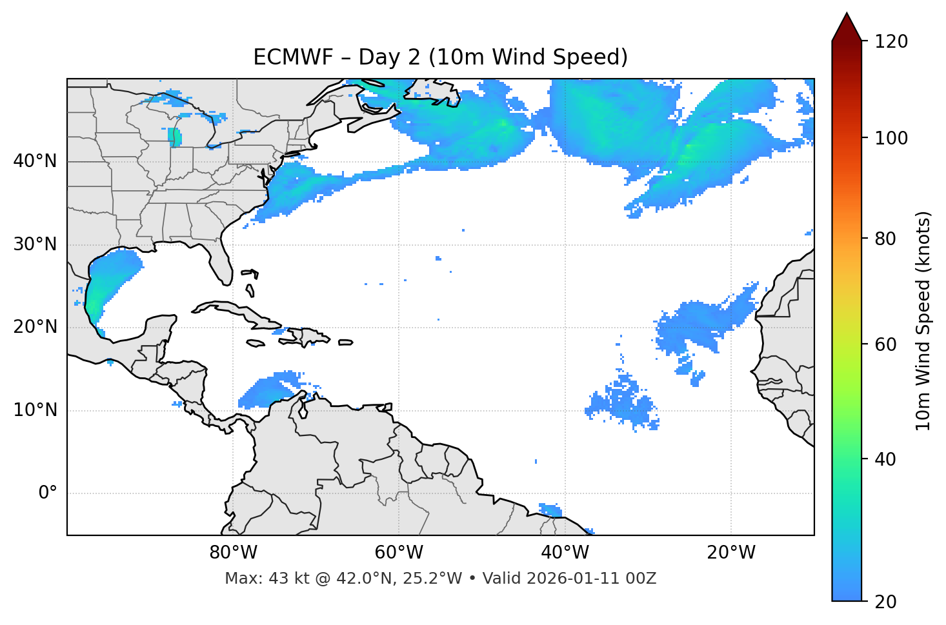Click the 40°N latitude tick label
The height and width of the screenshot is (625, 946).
[35, 161]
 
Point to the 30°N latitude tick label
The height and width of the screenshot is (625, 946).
[35, 244]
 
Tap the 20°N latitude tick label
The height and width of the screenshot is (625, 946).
[35, 327]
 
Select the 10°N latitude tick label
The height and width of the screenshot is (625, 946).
[35, 410]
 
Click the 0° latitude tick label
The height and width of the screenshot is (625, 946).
[47, 493]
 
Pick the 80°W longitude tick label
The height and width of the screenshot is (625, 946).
[233, 553]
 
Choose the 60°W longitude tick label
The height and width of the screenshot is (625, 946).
[399, 553]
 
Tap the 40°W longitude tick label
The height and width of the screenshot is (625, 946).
[565, 553]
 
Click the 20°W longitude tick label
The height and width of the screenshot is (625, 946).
[731, 553]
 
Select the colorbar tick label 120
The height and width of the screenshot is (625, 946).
[891, 41]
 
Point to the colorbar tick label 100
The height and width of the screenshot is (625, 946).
[891, 138]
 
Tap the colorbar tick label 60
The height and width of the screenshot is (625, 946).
[885, 344]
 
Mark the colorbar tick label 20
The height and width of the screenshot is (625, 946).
[885, 602]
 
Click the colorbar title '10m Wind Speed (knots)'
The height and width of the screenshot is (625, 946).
[923, 321]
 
